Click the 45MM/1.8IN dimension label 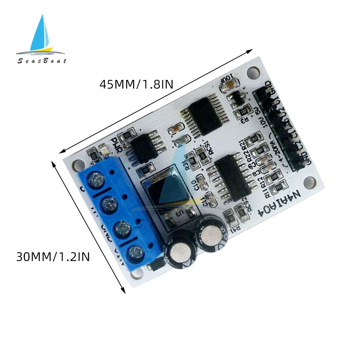pos(136,85)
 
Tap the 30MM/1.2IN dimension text pos(53,257)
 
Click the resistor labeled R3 pos(246,119)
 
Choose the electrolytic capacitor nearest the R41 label pos(211,235)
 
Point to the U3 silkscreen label pos(179,213)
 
